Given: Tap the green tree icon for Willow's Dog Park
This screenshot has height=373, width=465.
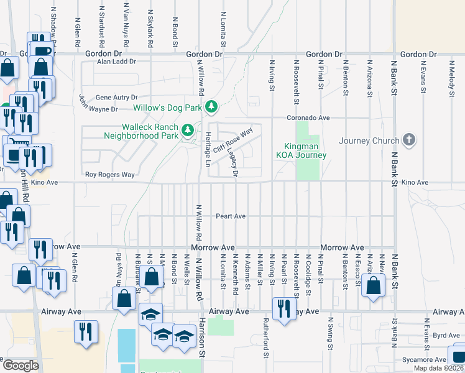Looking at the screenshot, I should pos(211,108).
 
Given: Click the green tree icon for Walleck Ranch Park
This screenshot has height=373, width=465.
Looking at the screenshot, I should pos(188,131).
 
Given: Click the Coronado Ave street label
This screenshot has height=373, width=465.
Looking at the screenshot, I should pos(307,117).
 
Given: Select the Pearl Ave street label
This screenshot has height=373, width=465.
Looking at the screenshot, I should pos(231,216).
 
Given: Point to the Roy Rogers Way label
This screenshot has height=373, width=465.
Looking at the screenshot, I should pos(110,175).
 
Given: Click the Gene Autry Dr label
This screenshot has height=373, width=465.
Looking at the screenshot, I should pos(116,98).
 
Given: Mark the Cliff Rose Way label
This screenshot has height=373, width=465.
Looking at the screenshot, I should pos(233,140).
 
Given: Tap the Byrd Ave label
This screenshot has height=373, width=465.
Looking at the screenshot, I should pos(429,335).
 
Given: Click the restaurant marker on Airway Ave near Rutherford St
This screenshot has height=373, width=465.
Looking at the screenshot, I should pos(283,309).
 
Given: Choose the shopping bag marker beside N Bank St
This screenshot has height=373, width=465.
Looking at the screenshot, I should pos(373,287).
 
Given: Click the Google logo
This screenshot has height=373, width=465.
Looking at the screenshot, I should pos(21,366).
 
